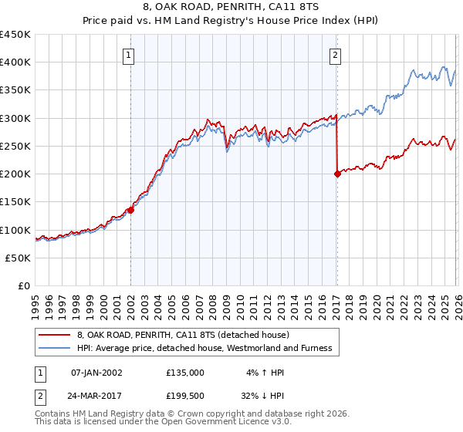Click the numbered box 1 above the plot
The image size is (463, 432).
click(127, 55)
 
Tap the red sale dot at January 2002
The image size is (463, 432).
click(131, 209)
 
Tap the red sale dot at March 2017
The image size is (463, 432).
click(337, 174)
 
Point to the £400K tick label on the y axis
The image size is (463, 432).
click(15, 62)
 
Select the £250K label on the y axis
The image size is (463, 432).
click(15, 146)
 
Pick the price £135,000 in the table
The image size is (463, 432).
click(184, 372)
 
